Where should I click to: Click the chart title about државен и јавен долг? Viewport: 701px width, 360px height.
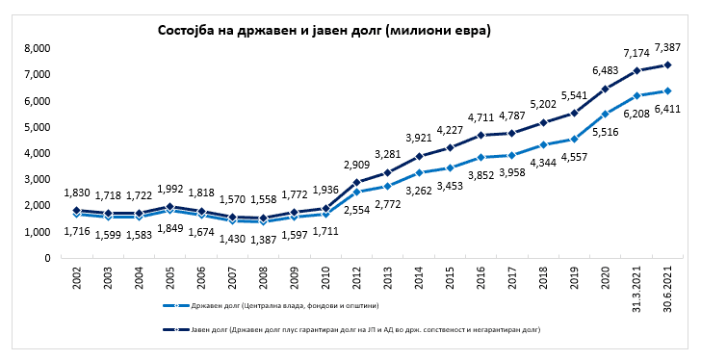pyautogui.click(x=325, y=31)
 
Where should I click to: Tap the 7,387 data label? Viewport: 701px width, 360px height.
pyautogui.click(x=667, y=47)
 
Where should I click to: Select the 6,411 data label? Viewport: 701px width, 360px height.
pyautogui.click(x=667, y=108)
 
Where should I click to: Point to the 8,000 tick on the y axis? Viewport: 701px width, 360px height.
pyautogui.click(x=38, y=48)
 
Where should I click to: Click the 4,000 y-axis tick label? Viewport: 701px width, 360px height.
pyautogui.click(x=38, y=153)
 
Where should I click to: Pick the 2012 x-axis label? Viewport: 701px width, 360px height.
pyautogui.click(x=356, y=278)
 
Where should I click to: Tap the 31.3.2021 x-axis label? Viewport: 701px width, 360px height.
pyautogui.click(x=636, y=290)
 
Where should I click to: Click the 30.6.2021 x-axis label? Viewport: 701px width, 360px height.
pyautogui.click(x=668, y=290)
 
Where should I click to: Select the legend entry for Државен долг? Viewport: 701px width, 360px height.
pyautogui.click(x=271, y=306)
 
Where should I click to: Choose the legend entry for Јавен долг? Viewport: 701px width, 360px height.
pyautogui.click(x=351, y=330)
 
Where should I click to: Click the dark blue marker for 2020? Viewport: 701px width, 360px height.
pyautogui.click(x=606, y=89)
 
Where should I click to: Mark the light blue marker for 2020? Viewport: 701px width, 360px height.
pyautogui.click(x=606, y=114)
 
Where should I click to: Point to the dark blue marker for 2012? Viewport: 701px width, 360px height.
pyautogui.click(x=356, y=182)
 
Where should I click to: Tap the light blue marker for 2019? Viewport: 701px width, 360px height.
pyautogui.click(x=574, y=139)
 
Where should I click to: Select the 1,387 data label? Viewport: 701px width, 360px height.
pyautogui.click(x=263, y=240)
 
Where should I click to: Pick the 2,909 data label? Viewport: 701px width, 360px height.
pyautogui.click(x=356, y=165)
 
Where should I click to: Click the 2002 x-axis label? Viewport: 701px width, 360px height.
pyautogui.click(x=77, y=278)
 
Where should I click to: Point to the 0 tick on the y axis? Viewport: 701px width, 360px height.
pyautogui.click(x=48, y=258)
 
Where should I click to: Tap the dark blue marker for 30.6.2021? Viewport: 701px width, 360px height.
pyautogui.click(x=667, y=64)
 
